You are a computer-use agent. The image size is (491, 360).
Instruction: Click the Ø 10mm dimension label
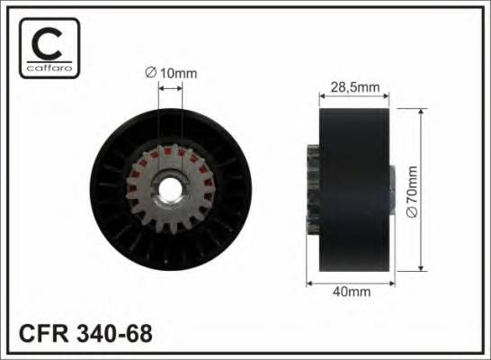171,73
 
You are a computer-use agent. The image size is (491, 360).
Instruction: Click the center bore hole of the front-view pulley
171,191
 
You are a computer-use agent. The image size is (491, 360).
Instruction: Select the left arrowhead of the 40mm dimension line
310,282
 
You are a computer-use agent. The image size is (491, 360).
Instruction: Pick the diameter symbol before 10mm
148,73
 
